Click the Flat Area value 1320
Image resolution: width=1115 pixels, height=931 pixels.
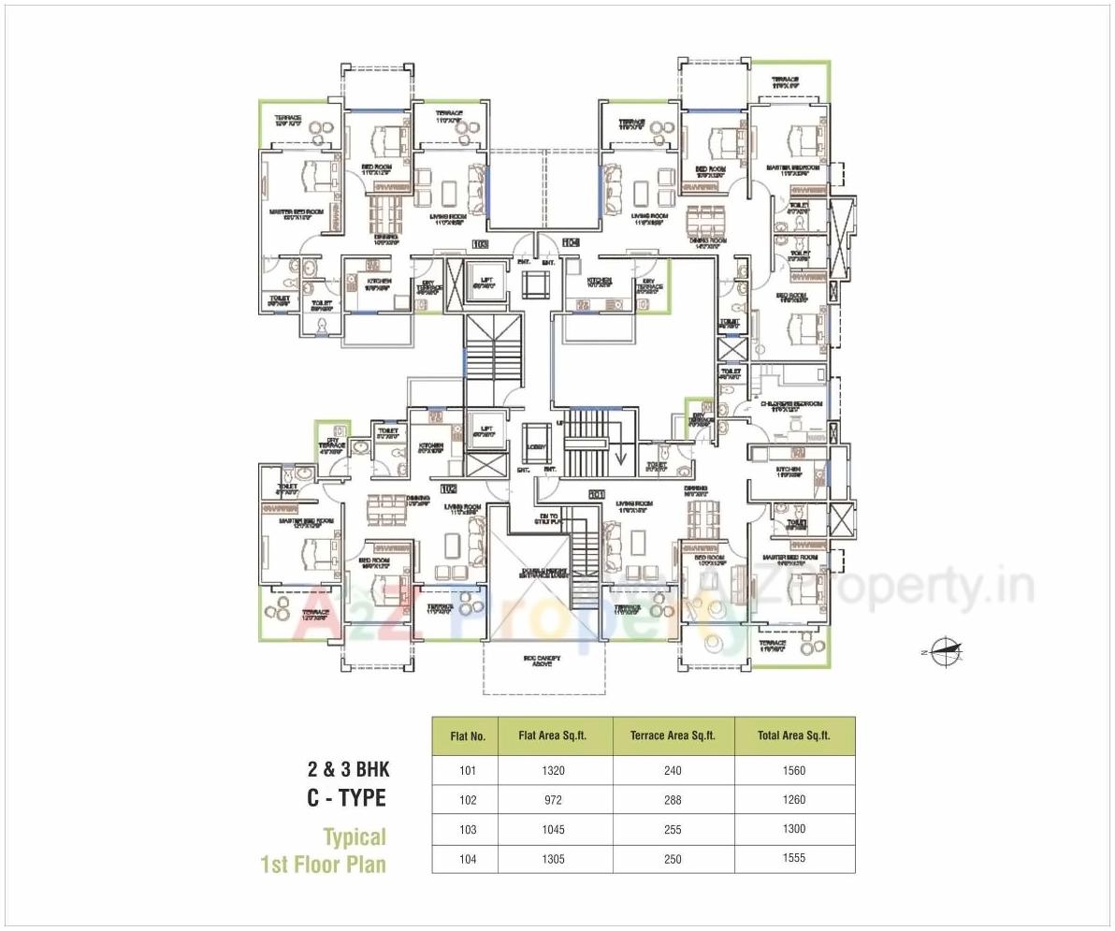[x=554, y=771]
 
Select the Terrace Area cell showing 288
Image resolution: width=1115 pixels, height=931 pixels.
[x=673, y=800]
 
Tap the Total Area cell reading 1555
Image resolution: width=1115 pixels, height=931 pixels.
[x=794, y=858]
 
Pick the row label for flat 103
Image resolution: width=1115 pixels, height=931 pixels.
[x=468, y=829]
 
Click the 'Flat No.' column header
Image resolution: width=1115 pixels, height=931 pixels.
[x=468, y=736]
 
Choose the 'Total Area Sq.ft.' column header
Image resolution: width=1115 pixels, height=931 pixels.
[x=794, y=736]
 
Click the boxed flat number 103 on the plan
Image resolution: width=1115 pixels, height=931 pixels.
[x=480, y=245]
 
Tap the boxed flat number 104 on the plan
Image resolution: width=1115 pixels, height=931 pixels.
[x=571, y=243]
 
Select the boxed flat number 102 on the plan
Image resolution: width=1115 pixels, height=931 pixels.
[x=449, y=487]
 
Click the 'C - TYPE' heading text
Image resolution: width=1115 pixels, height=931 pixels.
[x=347, y=798]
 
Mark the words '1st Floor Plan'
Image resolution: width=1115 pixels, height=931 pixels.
[x=323, y=864]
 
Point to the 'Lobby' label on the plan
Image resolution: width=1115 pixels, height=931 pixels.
[x=536, y=447]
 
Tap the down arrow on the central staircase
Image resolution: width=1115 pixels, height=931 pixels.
[x=618, y=458]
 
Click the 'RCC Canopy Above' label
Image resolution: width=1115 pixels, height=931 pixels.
[x=542, y=662]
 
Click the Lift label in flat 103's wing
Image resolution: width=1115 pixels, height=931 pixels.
[x=485, y=281]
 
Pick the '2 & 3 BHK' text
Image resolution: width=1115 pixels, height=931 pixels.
[x=348, y=770]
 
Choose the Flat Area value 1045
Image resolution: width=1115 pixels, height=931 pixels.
[x=554, y=829]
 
